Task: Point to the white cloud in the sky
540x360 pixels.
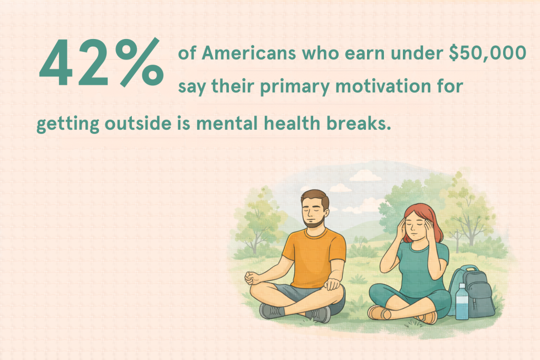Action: click(x=340, y=187)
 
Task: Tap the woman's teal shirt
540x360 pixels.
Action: click(x=417, y=264)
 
